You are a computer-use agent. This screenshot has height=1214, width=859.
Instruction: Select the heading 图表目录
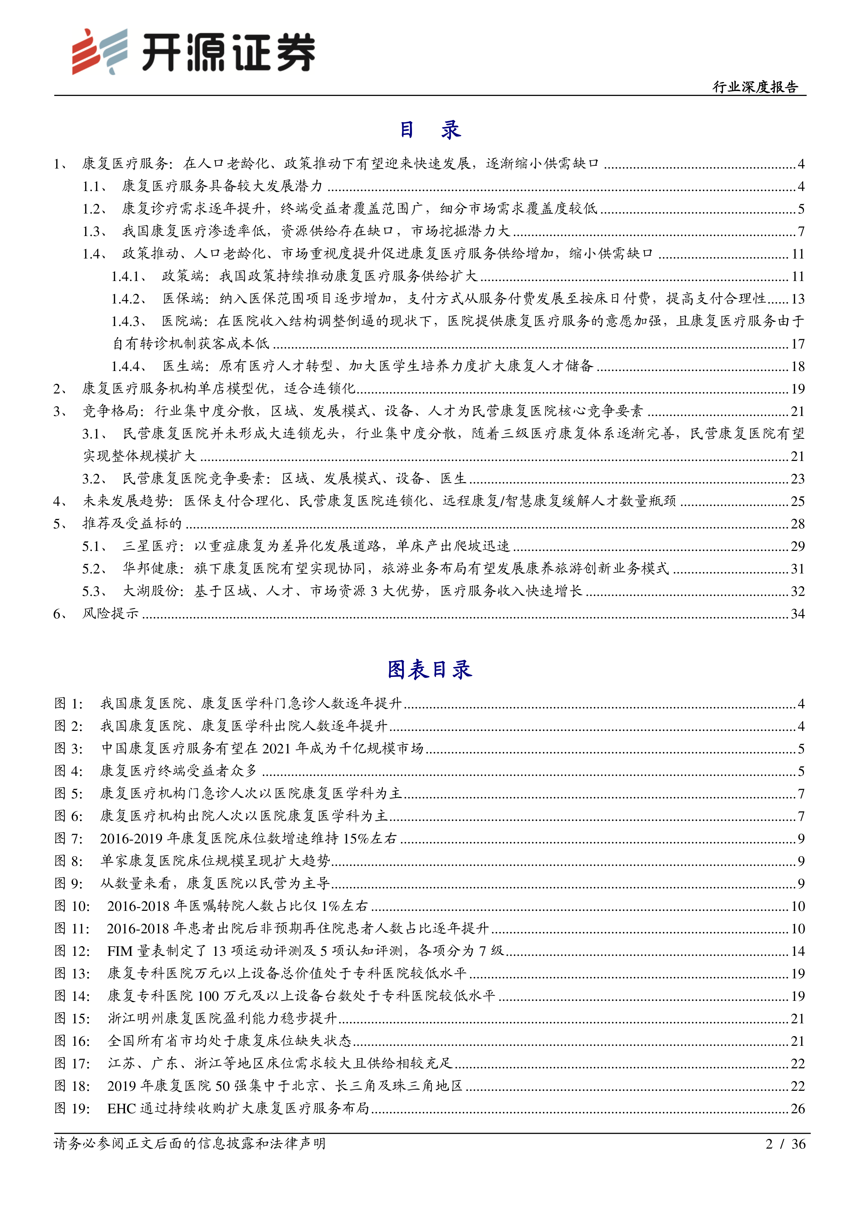[x=429, y=669]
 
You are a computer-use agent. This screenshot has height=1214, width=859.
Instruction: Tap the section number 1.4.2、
[x=128, y=299]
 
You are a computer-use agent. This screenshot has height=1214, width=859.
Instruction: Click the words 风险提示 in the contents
[x=110, y=613]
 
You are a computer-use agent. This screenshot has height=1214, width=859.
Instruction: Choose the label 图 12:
[x=72, y=951]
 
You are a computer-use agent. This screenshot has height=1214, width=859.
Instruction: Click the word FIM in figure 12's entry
[x=119, y=951]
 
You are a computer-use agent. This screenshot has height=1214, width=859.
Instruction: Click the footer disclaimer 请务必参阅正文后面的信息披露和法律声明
[x=189, y=1144]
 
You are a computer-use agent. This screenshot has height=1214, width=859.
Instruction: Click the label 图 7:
[x=69, y=839]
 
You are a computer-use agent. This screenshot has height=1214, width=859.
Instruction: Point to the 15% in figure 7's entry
[x=356, y=839]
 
